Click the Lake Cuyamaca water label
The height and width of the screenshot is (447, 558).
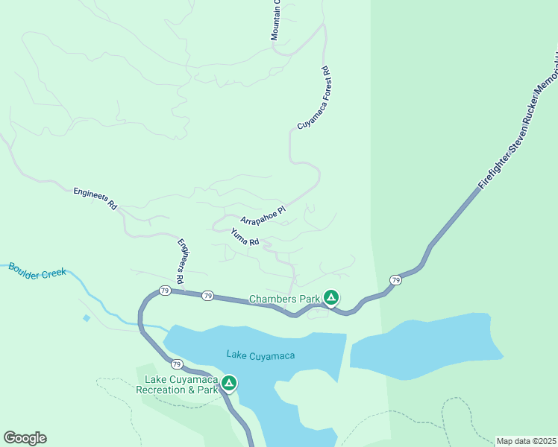[260, 355]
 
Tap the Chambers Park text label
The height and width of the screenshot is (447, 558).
[283, 299]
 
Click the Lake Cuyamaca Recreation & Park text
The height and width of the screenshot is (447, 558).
[181, 384]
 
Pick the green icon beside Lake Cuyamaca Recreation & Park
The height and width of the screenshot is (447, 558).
[229, 383]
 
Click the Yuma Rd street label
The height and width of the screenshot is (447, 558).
[245, 237]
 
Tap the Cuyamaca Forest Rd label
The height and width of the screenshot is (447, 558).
[313, 98]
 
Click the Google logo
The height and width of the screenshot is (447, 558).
[25, 438]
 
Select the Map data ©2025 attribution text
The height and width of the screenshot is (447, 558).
[526, 441]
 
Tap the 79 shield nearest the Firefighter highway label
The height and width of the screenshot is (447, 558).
[395, 280]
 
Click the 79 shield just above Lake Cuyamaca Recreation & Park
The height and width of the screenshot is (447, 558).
[176, 364]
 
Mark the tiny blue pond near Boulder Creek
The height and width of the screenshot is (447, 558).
[87, 318]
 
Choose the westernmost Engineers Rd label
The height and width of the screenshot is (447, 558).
[95, 197]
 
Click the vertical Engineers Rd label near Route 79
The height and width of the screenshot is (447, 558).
[182, 261]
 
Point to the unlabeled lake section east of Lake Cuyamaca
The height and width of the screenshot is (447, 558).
[421, 343]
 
